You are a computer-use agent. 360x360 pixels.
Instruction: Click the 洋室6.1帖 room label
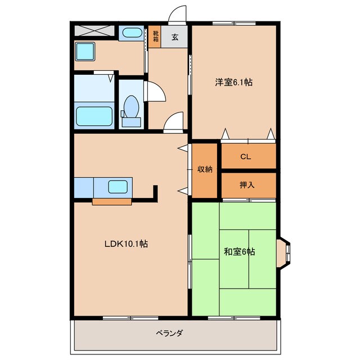pyautogui.click(x=234, y=82)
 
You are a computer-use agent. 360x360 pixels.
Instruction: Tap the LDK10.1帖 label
pyautogui.click(x=126, y=244)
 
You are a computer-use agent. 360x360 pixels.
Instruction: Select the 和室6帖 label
pyautogui.click(x=240, y=251)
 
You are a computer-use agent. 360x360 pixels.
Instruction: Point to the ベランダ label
pyautogui.click(x=169, y=332)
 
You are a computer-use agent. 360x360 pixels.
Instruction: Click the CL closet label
pyautogui.click(x=246, y=157)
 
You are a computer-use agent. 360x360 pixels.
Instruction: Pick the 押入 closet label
pyautogui.click(x=247, y=185)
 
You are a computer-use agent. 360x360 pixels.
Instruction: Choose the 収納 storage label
pyautogui.click(x=205, y=169)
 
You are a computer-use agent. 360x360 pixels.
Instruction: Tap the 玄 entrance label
pyautogui.click(x=175, y=37)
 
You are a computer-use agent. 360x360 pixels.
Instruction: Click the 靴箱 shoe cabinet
pyautogui.click(x=155, y=37)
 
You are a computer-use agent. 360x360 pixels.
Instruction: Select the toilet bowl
pyautogui.click(x=131, y=106)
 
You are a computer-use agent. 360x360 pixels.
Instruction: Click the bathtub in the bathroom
pyautogui.click(x=94, y=116)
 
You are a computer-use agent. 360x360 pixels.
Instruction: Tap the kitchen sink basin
pyautogui.click(x=118, y=187)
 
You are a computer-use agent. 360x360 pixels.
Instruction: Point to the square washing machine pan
pyautogui.click(x=85, y=51)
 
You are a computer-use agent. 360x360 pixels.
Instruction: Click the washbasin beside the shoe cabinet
pyautogui.click(x=132, y=33)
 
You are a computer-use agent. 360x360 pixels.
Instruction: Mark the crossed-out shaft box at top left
pyautogui.click(x=94, y=31)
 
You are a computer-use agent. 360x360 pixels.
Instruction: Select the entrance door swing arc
pyautogui.click(x=177, y=13)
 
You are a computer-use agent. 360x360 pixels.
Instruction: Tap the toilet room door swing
pyautogui.click(x=156, y=91)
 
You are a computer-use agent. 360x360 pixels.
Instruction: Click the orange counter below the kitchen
pyautogui.click(x=112, y=202)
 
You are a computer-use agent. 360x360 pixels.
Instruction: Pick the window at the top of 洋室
pyautogui.click(x=234, y=23)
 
